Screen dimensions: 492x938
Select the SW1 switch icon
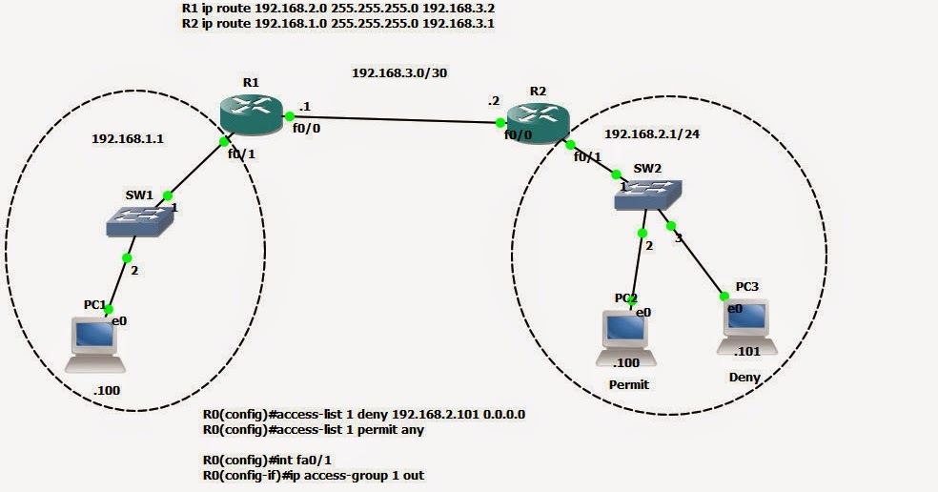pos(139,221)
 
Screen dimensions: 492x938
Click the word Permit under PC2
pos(628,385)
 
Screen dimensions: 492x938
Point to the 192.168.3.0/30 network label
pos(398,72)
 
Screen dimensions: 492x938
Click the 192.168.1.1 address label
pos(128,138)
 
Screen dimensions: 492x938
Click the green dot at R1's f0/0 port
pos(289,116)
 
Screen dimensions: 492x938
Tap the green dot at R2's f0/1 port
pos(569,144)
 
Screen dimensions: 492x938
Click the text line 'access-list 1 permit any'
pos(314,430)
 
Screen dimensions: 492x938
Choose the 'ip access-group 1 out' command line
pos(314,475)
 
